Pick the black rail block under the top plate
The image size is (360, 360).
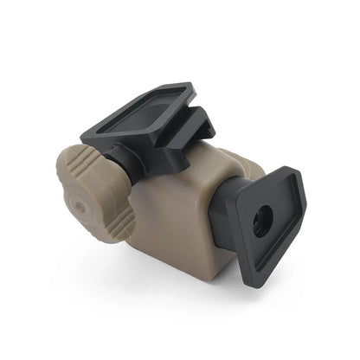[192, 144]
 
